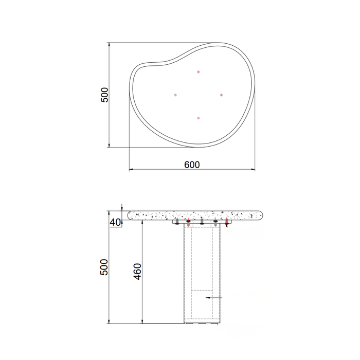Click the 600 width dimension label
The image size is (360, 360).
pyautogui.click(x=191, y=165)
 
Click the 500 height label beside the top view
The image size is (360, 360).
pyautogui.click(x=104, y=95)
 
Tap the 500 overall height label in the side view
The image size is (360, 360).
pyautogui.click(x=104, y=267)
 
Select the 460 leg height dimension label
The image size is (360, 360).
pyautogui.click(x=137, y=272)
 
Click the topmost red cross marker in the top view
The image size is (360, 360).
pyautogui.click(x=199, y=72)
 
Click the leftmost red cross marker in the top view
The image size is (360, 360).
pyautogui.click(x=175, y=95)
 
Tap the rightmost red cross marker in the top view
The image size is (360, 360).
pyautogui.click(x=221, y=95)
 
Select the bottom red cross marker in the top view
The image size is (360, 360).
pyautogui.click(x=199, y=118)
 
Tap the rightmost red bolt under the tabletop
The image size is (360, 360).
pyautogui.click(x=226, y=223)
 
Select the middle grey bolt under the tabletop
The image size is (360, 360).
pyautogui.click(x=202, y=223)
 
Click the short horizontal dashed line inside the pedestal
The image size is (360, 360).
pyautogui.click(x=202, y=291)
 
